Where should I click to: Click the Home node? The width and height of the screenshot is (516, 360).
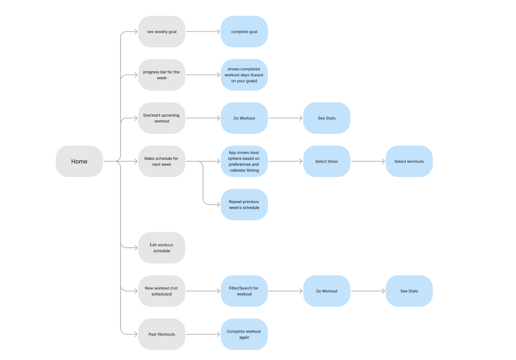(x=79, y=161)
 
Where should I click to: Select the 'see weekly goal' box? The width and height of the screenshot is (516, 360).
(x=162, y=32)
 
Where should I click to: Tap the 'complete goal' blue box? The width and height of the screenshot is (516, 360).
(x=244, y=32)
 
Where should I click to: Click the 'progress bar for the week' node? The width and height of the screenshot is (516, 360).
(x=162, y=75)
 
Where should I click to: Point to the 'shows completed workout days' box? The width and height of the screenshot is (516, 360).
(x=244, y=75)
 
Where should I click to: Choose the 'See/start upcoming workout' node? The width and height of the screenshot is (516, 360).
(x=162, y=118)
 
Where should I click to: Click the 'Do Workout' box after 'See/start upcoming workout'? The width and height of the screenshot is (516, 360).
(x=244, y=118)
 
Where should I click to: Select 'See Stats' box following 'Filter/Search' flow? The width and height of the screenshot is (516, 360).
(x=409, y=291)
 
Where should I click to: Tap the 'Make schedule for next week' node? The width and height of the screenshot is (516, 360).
(x=162, y=161)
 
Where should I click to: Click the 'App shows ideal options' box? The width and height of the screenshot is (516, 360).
(x=244, y=161)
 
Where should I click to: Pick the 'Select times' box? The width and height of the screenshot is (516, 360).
(x=327, y=161)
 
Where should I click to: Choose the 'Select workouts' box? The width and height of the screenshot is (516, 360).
(x=409, y=161)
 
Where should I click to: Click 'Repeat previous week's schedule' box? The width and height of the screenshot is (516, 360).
(x=244, y=205)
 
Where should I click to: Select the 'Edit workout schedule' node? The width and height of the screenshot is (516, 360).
(x=162, y=248)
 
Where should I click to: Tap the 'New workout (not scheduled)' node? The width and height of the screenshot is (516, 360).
(x=162, y=291)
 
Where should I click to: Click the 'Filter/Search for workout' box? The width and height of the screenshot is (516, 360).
(x=244, y=291)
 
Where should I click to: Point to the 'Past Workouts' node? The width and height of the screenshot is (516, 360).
(x=162, y=334)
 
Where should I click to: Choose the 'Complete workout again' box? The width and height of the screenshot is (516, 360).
(x=244, y=334)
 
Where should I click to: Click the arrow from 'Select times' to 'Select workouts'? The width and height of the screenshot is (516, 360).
(x=368, y=161)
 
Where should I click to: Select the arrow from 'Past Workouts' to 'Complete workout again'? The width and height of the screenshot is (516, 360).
(x=203, y=334)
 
